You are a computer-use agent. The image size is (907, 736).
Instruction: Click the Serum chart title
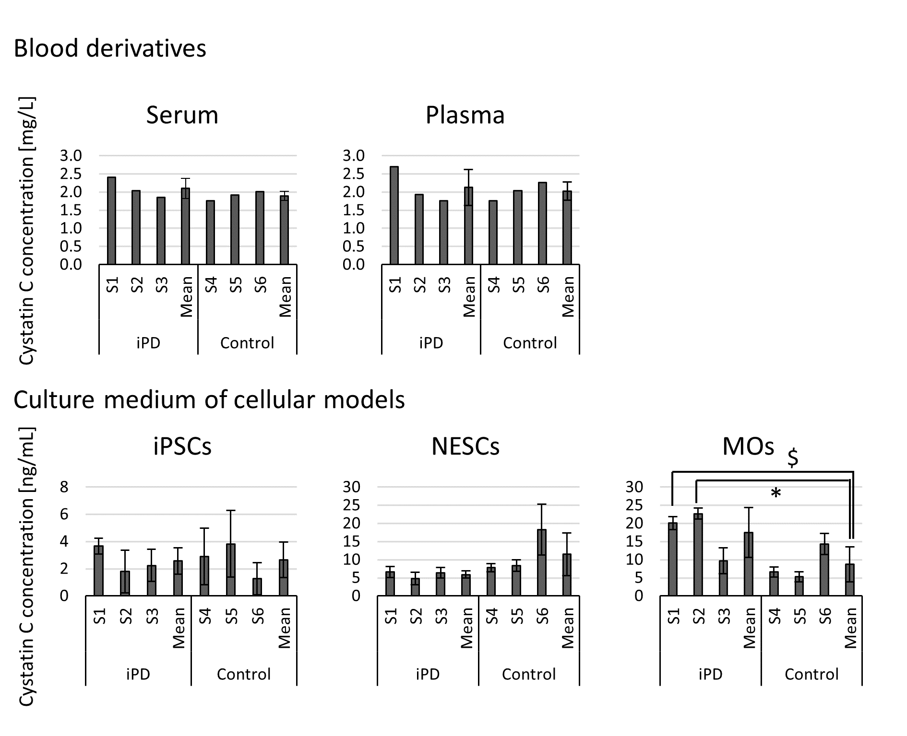pos(182,116)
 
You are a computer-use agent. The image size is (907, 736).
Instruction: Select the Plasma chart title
pos(465,116)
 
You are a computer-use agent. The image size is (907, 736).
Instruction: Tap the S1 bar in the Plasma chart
pos(394,215)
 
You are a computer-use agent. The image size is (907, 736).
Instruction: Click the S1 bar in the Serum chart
pos(111,221)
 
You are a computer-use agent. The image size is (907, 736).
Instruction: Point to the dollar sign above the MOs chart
pos(793,457)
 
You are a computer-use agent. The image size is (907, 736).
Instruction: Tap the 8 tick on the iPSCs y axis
pos(64,487)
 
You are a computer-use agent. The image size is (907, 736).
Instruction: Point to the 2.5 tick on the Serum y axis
pos(71,174)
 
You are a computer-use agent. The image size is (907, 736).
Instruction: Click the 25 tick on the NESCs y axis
pos(354,505)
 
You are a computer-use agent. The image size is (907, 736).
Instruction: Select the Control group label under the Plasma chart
pos(529,343)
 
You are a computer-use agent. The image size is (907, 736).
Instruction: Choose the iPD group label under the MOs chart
pos(710,674)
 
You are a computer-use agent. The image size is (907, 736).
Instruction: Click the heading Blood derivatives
pos(110,48)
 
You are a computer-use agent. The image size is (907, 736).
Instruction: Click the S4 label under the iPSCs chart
pos(205,616)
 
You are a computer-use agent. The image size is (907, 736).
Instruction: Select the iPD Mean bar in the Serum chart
pos(185,226)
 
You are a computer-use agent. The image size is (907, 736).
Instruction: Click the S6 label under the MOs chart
pos(824,616)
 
